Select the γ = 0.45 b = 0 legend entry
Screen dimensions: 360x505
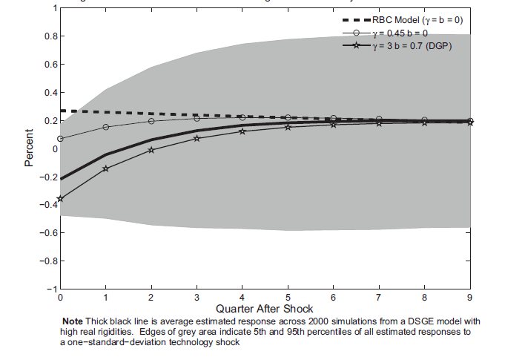click(x=397, y=33)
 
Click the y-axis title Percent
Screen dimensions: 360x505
click(x=30, y=148)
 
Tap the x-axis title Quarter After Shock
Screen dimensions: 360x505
click(x=265, y=308)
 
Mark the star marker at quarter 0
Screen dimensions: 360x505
click(x=60, y=199)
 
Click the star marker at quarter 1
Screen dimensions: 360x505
click(x=105, y=168)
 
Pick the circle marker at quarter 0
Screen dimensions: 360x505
click(x=60, y=139)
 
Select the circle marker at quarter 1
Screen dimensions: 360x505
click(x=105, y=127)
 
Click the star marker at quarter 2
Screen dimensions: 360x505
click(x=151, y=150)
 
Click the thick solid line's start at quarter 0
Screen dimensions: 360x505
click(x=60, y=179)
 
